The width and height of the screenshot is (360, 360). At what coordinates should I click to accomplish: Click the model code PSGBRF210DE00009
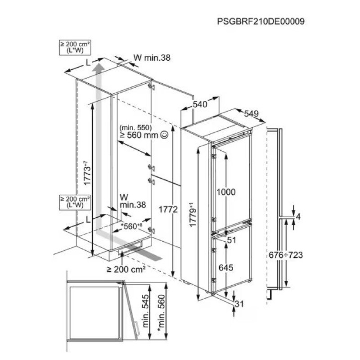[x=261, y=21]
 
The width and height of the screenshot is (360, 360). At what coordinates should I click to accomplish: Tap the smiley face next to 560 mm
[x=164, y=135]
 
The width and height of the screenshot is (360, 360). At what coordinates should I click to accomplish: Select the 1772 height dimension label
[x=168, y=209]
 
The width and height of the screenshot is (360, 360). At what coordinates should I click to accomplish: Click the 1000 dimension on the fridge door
[x=226, y=192]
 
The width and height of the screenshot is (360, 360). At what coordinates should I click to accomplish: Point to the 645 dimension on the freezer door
[x=226, y=267]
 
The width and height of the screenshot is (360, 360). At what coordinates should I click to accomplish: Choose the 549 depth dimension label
[x=251, y=113]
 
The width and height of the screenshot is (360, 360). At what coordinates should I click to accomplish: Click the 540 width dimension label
[x=200, y=104]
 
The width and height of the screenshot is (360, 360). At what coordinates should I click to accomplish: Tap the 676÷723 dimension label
[x=286, y=255]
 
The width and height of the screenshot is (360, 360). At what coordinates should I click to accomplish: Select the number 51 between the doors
[x=231, y=240]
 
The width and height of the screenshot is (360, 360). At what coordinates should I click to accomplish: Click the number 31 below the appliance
[x=239, y=304]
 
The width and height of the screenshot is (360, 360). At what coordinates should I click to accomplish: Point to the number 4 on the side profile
[x=298, y=217]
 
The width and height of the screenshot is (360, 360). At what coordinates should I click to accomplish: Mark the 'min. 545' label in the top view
[x=145, y=310]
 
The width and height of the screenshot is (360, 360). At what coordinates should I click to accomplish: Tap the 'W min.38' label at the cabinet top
[x=152, y=58]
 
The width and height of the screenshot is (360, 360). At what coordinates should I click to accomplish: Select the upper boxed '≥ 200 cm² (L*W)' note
[x=75, y=48]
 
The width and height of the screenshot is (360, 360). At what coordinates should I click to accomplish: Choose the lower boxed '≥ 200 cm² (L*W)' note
[x=75, y=202]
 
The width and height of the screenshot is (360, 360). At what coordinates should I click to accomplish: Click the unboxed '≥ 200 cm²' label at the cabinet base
[x=126, y=269]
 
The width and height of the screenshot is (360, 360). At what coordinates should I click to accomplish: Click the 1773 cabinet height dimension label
[x=87, y=173]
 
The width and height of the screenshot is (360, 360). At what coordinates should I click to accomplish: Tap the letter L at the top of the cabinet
[x=88, y=63]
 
